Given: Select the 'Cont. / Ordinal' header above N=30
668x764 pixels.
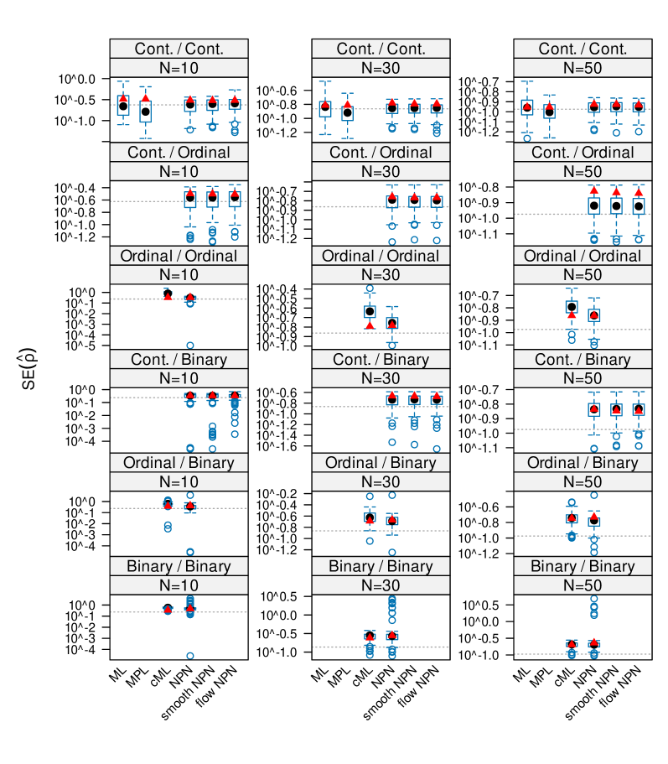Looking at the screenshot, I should point(381,153).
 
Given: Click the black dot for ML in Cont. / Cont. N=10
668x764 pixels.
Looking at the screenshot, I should point(123,107).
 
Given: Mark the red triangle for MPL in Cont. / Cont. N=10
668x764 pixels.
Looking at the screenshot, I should point(146,99).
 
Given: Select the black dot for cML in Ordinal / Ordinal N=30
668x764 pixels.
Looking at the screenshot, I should point(369,311).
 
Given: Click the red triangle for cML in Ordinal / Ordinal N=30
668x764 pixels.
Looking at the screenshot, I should point(369,325).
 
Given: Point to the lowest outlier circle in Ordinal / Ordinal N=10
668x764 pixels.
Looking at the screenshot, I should point(190,346).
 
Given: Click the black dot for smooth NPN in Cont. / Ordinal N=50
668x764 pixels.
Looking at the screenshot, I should point(616,205).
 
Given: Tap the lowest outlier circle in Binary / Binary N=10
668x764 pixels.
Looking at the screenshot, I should point(190,656).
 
